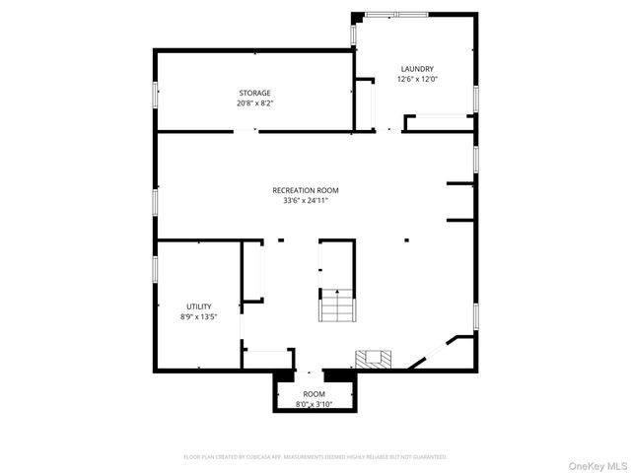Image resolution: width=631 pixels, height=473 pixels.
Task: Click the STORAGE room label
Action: click(x=253, y=93)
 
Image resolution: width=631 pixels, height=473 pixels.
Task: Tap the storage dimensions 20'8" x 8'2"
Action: click(x=253, y=102)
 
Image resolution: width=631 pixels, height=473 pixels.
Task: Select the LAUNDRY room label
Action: click(x=416, y=69)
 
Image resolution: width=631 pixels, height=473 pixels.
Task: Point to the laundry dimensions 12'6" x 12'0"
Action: click(x=416, y=79)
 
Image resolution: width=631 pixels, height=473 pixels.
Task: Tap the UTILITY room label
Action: click(x=198, y=306)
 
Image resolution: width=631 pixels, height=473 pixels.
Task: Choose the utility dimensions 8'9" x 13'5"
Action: click(x=198, y=316)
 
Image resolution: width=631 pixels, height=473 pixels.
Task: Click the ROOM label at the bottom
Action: click(x=314, y=394)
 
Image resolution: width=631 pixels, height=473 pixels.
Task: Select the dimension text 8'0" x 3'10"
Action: click(x=314, y=404)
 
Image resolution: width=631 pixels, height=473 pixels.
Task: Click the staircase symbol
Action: click(x=335, y=305)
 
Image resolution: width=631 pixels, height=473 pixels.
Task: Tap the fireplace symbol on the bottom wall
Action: click(x=373, y=358)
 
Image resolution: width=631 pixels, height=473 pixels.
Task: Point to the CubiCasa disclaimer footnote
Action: click(x=315, y=457)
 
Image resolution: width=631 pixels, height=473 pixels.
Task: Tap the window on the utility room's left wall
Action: click(x=155, y=270)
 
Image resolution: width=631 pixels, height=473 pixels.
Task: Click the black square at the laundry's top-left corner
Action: click(x=356, y=16)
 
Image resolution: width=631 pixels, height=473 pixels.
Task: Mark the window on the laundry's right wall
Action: click(x=476, y=99)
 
